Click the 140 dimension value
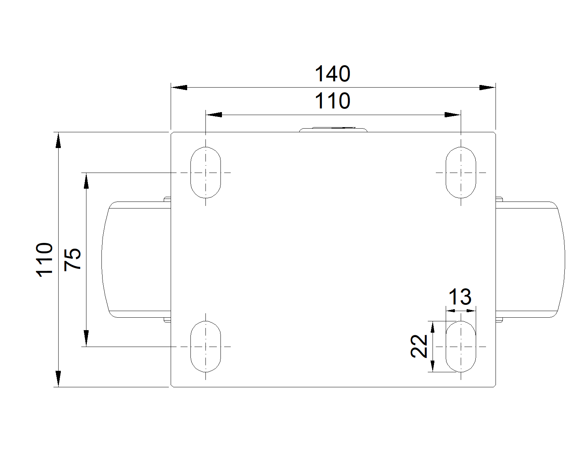point(333,74)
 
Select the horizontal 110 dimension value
point(333,101)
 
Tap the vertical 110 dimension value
point(45,259)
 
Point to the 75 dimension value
point(73,259)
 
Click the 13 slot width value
point(460,297)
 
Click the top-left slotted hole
point(205,172)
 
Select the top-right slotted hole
point(461,172)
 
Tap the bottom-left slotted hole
point(205,346)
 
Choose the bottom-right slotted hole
point(461,346)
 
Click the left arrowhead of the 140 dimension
point(179,88)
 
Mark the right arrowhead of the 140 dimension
point(487,88)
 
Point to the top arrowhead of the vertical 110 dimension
point(58,140)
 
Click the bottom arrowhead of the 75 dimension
point(86,338)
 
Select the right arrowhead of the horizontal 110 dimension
point(452,115)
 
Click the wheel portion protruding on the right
point(530,259)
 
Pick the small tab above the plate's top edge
point(333,129)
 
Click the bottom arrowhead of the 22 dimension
point(433,366)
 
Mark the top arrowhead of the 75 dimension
point(86,181)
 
